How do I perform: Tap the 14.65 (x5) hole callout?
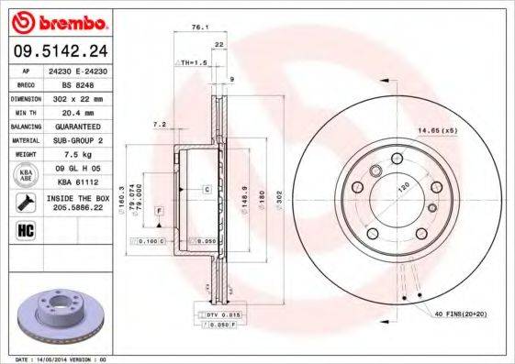point(437,131)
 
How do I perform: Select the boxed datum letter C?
point(207,190)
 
